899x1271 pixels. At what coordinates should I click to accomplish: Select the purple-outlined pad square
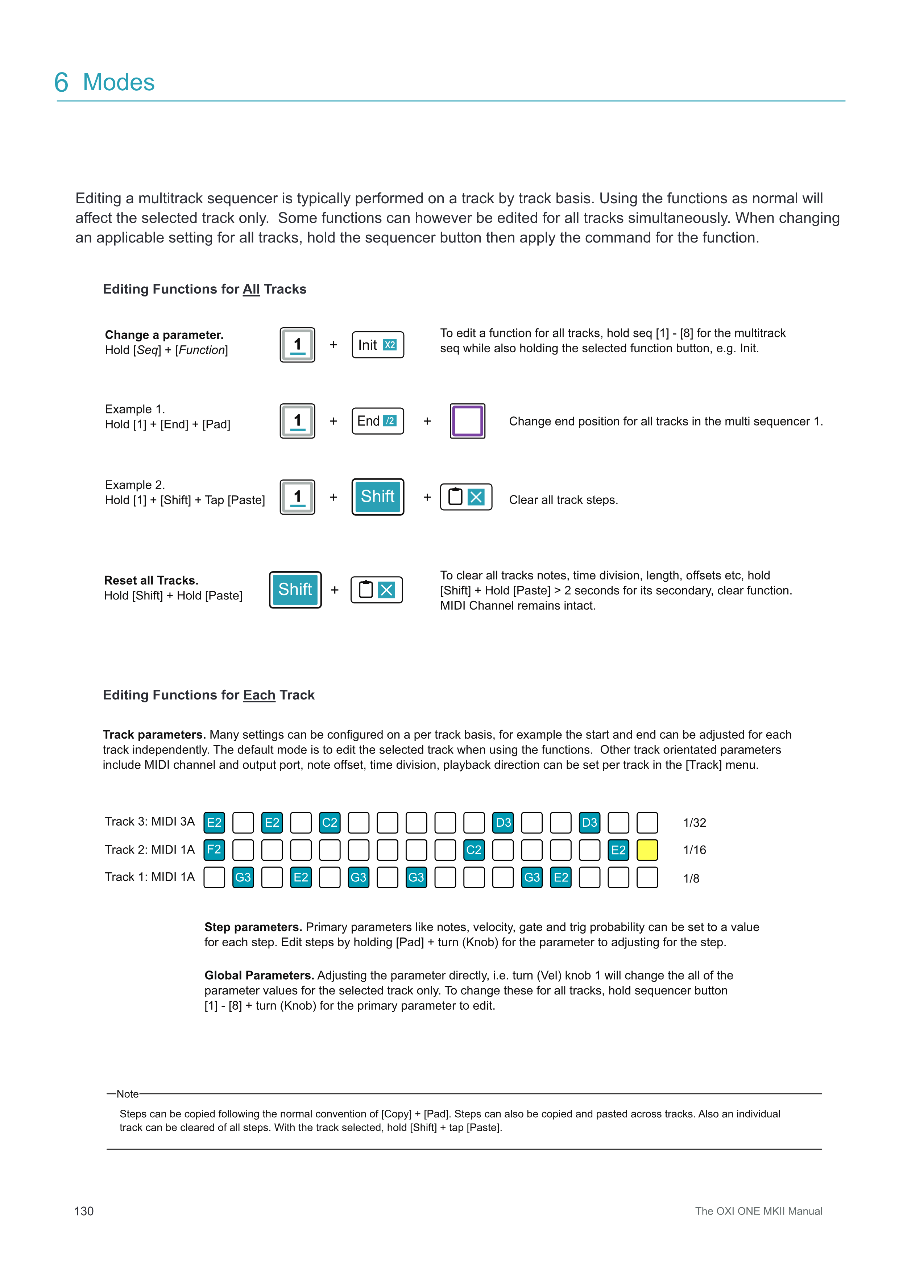(467, 421)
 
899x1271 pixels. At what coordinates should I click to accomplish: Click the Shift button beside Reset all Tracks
(295, 590)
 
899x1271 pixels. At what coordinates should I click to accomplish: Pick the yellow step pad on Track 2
(647, 850)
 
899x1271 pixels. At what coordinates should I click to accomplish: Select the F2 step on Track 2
(214, 850)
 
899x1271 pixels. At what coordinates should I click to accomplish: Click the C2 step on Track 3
(330, 823)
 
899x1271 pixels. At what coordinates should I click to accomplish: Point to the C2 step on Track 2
(473, 850)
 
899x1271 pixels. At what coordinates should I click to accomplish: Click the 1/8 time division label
(691, 879)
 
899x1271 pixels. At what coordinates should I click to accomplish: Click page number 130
(84, 1211)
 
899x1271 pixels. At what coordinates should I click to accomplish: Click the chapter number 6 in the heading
(62, 83)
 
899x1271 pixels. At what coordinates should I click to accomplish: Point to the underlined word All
(251, 290)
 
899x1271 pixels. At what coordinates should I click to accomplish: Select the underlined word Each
(259, 695)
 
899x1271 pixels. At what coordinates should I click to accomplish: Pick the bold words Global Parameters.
(259, 975)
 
